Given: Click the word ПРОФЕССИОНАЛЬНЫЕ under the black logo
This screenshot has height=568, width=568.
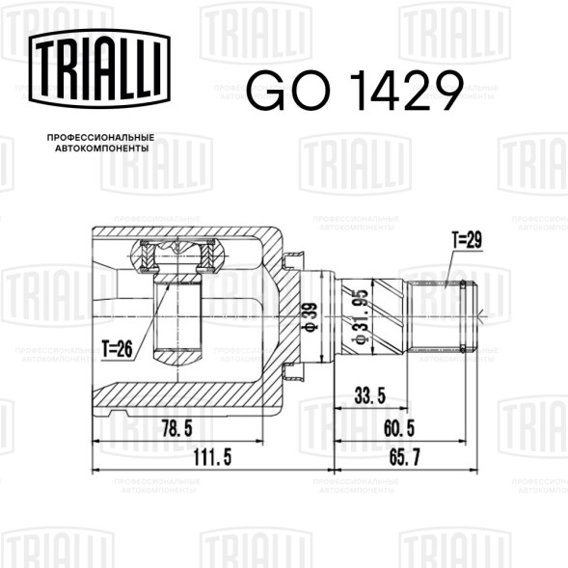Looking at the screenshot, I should pyautogui.click(x=102, y=140).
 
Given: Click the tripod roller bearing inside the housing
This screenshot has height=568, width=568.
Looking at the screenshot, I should pyautogui.click(x=177, y=257).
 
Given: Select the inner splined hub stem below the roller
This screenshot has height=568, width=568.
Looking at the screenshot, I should pyautogui.click(x=177, y=318).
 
